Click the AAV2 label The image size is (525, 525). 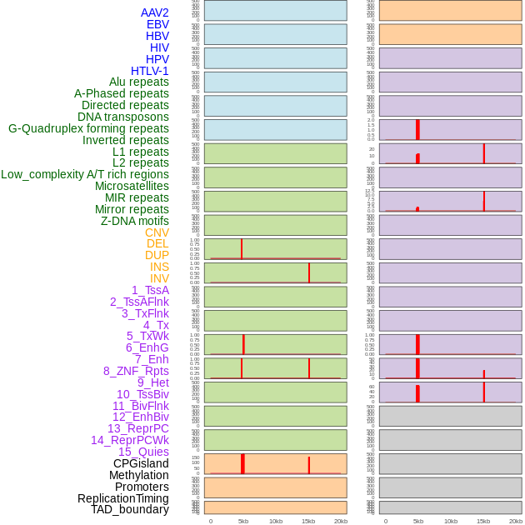click(154, 12)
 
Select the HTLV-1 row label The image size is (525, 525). click(149, 71)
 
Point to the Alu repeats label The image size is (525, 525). click(138, 82)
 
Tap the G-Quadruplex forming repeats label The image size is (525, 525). click(88, 128)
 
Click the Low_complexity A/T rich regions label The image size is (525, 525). click(84, 174)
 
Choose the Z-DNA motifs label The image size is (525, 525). click(134, 221)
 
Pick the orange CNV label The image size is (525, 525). click(157, 232)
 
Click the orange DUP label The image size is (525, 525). click(157, 255)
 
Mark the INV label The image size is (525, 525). click(158, 278)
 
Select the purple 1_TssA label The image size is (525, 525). click(150, 290)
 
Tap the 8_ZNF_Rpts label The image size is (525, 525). click(136, 371)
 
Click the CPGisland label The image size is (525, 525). click(141, 463)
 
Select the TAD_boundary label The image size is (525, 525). click(129, 509)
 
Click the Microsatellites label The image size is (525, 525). click(132, 186)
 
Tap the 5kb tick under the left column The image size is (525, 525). click(243, 521)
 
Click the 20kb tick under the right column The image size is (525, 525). click(516, 521)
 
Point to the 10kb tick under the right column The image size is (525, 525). click(451, 521)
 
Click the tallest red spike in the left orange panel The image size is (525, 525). click(242, 463)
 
